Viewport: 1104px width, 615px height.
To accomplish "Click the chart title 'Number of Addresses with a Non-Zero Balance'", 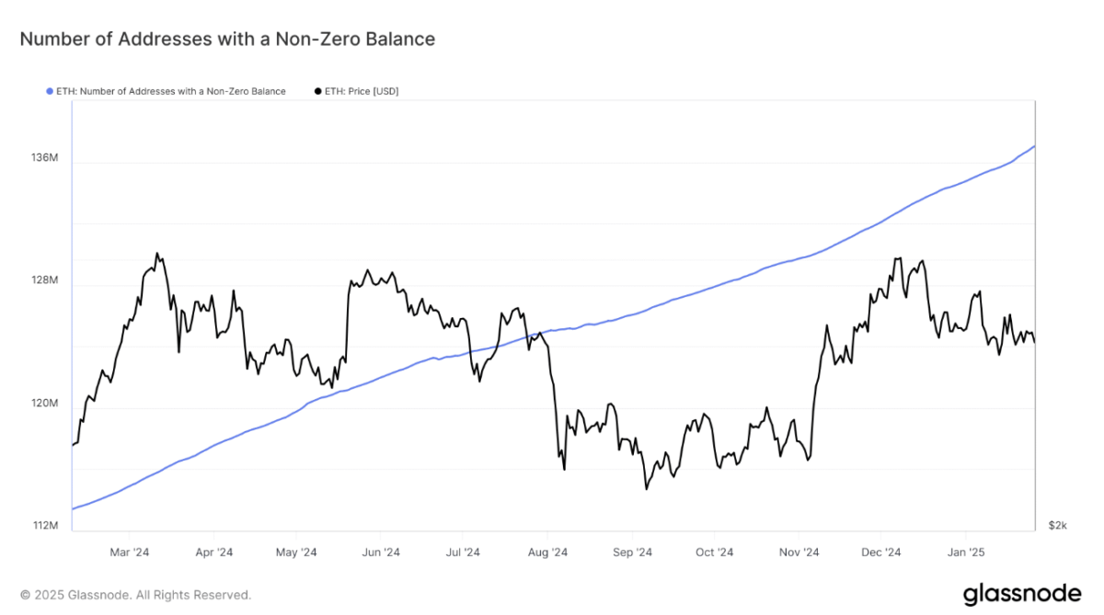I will [x=227, y=40].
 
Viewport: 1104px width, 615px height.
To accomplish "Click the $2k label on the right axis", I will [x=1057, y=526].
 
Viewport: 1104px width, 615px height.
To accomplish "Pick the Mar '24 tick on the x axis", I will [x=129, y=552].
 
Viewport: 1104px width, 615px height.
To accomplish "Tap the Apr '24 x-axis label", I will [x=213, y=552].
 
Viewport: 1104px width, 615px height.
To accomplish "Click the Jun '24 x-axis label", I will [x=380, y=552].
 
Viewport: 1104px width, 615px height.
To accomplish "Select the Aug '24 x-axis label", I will [x=547, y=552].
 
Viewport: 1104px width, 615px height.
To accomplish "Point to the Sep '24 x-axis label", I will [x=632, y=552].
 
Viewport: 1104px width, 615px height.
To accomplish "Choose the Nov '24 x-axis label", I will [x=799, y=552].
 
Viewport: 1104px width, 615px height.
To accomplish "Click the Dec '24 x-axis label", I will [x=880, y=552].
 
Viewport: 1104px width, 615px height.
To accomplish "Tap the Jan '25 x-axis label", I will [x=965, y=552].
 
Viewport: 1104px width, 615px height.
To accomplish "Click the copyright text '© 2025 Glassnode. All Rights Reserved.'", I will [x=135, y=596].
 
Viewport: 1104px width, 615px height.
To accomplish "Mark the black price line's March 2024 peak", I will [x=157, y=254].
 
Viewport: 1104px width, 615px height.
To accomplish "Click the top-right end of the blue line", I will [x=1035, y=146].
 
